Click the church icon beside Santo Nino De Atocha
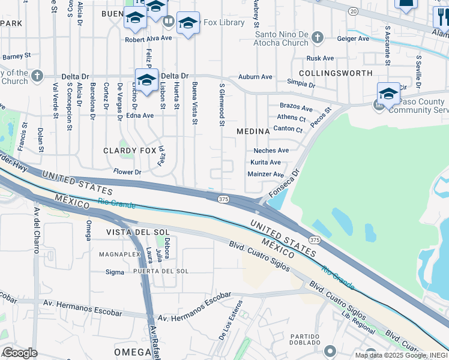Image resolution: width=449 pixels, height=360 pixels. click(x=318, y=38)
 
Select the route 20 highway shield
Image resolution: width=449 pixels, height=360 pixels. click(x=354, y=11)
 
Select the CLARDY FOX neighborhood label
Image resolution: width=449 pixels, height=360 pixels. click(x=130, y=151)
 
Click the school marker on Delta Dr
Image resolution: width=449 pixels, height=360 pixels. click(x=146, y=80)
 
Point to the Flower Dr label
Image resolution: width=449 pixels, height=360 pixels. click(x=127, y=172)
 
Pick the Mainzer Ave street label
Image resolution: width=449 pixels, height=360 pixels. click(x=265, y=175)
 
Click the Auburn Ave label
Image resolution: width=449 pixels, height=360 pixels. click(x=255, y=77)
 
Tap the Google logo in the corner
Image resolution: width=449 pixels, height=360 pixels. click(x=20, y=353)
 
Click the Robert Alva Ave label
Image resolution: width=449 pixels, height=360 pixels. click(x=148, y=40)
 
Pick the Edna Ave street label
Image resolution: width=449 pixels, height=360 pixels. click(x=140, y=115)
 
